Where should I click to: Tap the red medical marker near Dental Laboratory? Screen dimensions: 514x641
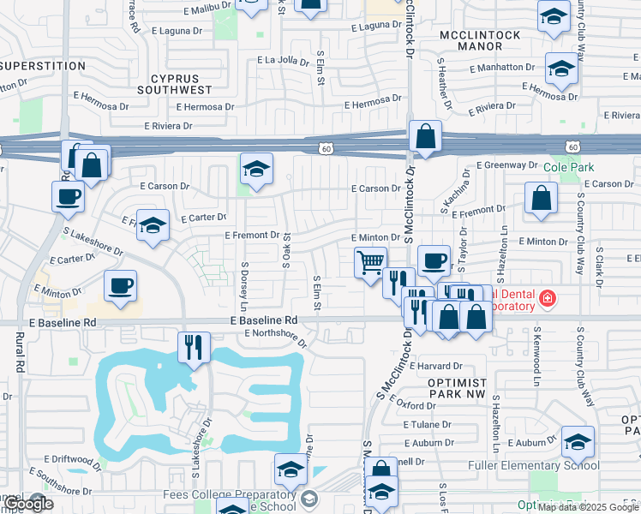(547, 299)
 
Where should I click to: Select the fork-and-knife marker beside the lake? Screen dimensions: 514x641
(194, 346)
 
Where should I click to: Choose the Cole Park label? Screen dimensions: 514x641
(562, 166)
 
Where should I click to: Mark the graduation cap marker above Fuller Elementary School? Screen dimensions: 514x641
(578, 441)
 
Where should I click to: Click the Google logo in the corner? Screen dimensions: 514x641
(29, 504)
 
